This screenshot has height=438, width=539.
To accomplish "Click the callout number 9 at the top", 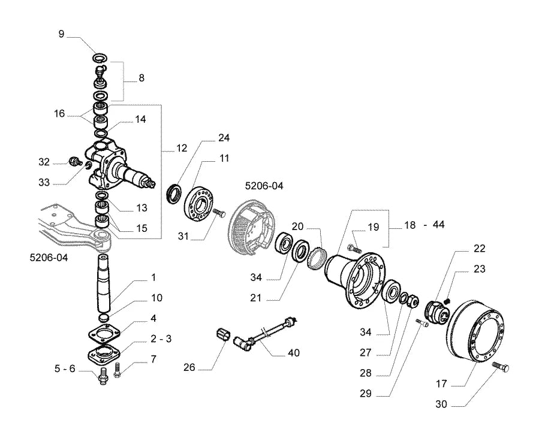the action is click(61, 34).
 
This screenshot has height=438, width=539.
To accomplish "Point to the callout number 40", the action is click(294, 353).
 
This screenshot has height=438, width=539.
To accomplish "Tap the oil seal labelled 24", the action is click(175, 194).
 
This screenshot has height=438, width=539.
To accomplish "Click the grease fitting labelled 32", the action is click(74, 161).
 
